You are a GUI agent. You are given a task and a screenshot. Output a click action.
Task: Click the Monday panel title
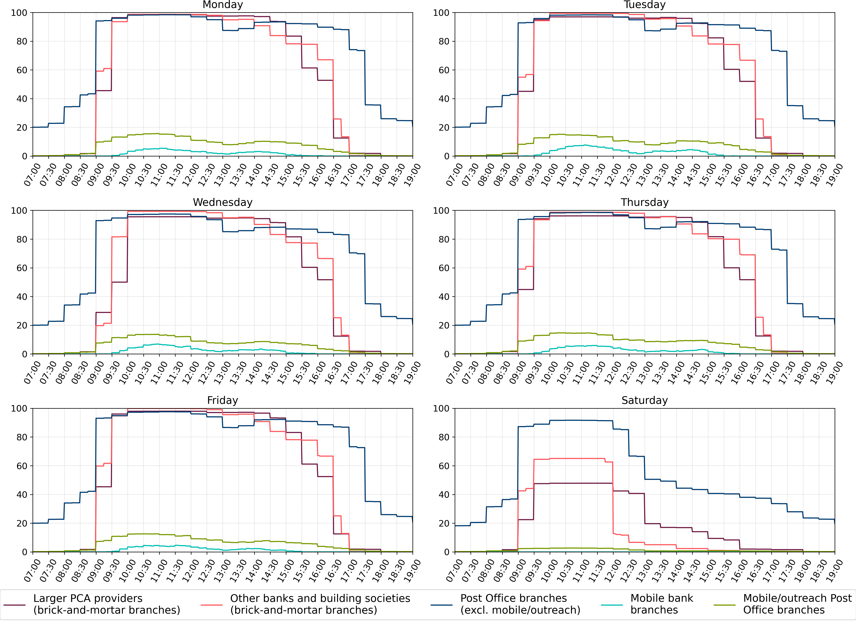(223, 5)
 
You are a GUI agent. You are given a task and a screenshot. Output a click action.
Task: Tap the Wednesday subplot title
(223, 202)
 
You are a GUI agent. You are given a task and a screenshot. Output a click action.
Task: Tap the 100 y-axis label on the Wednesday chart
(19, 211)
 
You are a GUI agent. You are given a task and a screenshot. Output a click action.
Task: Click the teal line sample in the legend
(611, 605)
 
